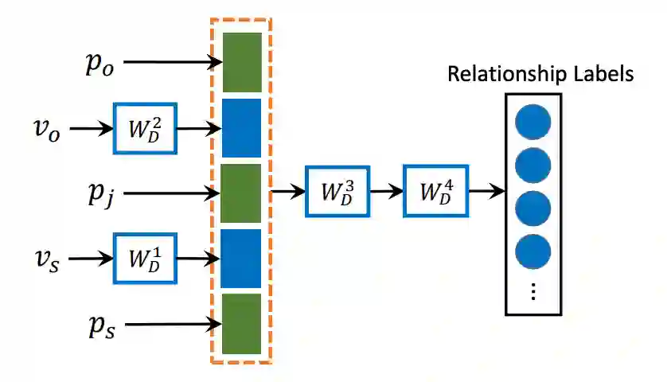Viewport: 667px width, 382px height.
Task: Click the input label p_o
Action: (x=100, y=64)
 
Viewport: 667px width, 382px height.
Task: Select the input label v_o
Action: (x=47, y=129)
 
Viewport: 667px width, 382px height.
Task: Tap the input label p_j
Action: (x=101, y=194)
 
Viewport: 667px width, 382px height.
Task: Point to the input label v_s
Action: (x=47, y=259)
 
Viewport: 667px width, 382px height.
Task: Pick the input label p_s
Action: (x=102, y=326)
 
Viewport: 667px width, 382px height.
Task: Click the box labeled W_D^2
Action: (x=145, y=128)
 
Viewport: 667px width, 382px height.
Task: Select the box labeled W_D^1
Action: (x=145, y=258)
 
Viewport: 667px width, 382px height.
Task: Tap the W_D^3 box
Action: (x=337, y=192)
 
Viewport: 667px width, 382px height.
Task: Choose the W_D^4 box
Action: (x=436, y=192)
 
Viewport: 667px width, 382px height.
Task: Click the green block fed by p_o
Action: (x=242, y=62)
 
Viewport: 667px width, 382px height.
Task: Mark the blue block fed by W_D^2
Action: (x=242, y=128)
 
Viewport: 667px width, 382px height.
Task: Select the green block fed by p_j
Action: (x=240, y=193)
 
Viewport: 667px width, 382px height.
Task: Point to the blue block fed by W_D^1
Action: (x=240, y=259)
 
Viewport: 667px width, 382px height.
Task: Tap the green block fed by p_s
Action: (x=242, y=324)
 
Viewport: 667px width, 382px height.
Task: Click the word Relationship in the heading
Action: (x=508, y=75)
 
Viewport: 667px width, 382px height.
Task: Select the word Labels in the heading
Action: (x=603, y=74)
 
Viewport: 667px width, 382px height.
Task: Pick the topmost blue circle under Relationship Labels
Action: (x=533, y=122)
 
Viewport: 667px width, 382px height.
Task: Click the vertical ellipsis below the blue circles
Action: (x=533, y=292)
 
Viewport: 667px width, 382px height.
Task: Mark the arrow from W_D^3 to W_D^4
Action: (x=387, y=192)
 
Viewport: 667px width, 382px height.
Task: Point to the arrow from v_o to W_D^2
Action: (x=92, y=128)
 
